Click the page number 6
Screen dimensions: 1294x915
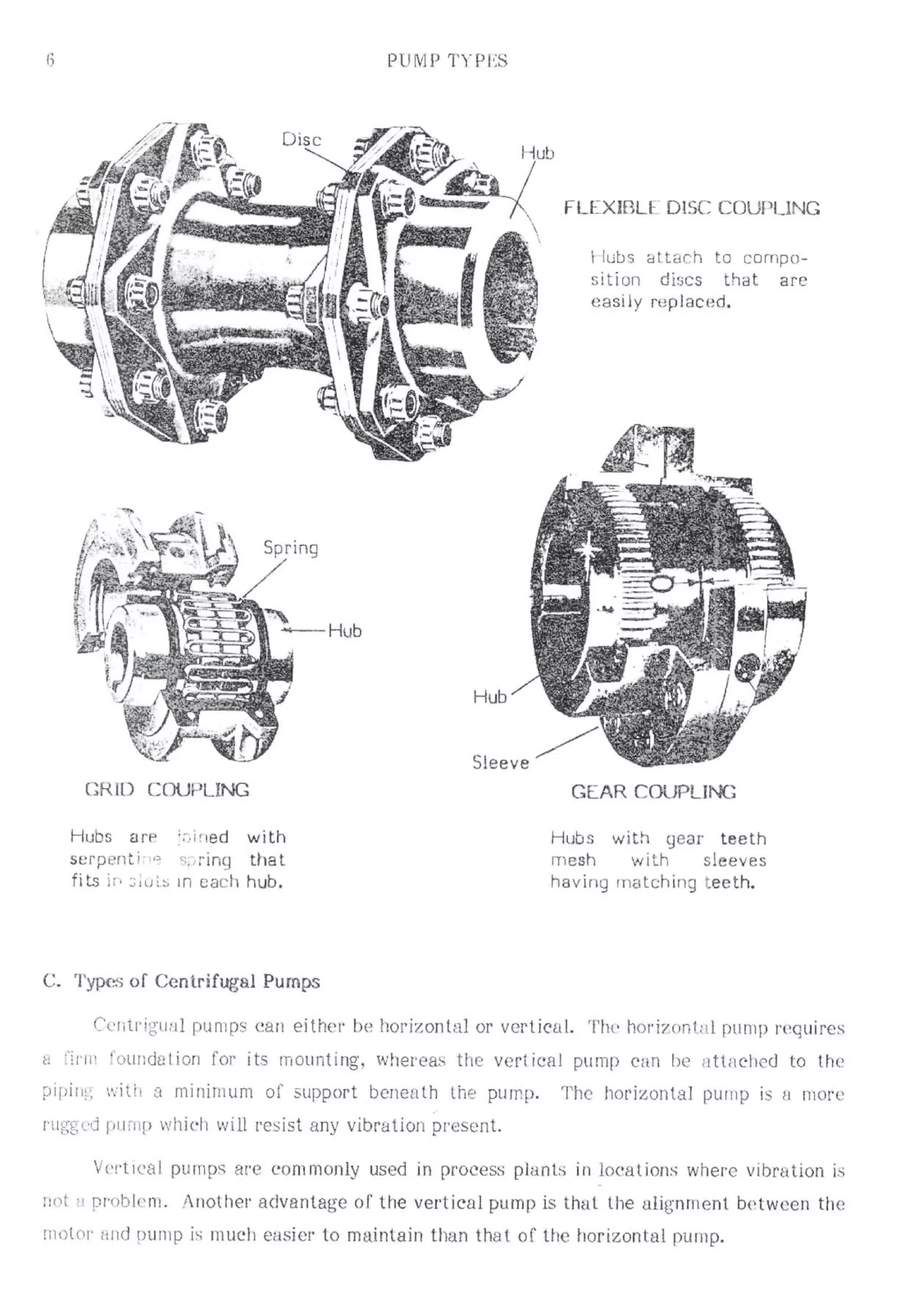point(50,60)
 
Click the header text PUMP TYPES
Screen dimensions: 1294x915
point(447,61)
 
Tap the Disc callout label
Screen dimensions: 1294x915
point(301,139)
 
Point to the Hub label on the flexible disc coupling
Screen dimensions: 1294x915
point(537,153)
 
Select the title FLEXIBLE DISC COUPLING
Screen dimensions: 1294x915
point(692,209)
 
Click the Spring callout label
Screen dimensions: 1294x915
point(291,548)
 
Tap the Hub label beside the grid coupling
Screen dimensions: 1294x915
point(344,631)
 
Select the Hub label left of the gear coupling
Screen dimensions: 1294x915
point(489,697)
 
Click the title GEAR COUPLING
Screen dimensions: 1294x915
point(653,792)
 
